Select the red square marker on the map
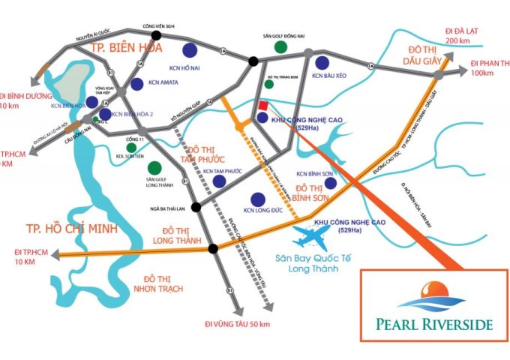[262, 106]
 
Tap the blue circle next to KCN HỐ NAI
[190, 51]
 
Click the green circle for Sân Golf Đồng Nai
[280, 46]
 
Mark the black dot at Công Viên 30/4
[157, 34]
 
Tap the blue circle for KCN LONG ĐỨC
[257, 199]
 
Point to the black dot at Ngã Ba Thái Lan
[196, 206]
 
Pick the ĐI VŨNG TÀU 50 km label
[236, 323]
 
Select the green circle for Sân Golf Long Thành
[154, 167]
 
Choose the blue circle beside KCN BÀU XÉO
[322, 63]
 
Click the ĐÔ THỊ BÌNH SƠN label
[319, 191]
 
